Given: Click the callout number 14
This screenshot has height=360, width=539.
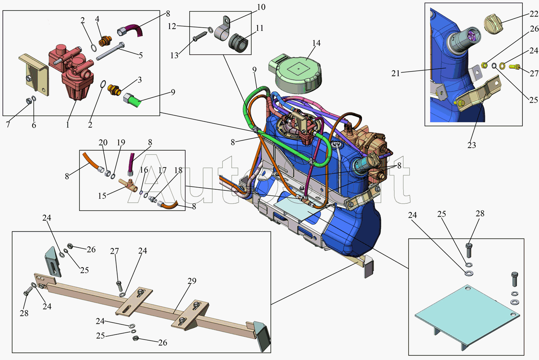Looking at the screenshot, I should pyautogui.click(x=316, y=43).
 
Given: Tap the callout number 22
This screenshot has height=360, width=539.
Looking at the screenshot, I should pyautogui.click(x=534, y=14).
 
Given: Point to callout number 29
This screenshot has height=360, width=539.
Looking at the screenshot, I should pyautogui.click(x=192, y=281).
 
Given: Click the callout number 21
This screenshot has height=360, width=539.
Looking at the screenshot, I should pyautogui.click(x=396, y=74).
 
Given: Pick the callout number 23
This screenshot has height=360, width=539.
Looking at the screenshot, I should pyautogui.click(x=471, y=145).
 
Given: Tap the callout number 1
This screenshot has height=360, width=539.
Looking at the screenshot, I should pyautogui.click(x=68, y=125).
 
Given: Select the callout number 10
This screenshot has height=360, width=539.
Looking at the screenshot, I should pyautogui.click(x=261, y=7).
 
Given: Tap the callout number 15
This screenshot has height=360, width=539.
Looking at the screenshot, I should pyautogui.click(x=102, y=196).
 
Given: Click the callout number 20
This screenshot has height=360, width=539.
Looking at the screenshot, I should pyautogui.click(x=103, y=143).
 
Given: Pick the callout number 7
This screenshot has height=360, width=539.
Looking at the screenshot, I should pyautogui.click(x=8, y=125).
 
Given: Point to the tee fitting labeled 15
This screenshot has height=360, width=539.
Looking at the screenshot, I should pyautogui.click(x=129, y=185).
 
